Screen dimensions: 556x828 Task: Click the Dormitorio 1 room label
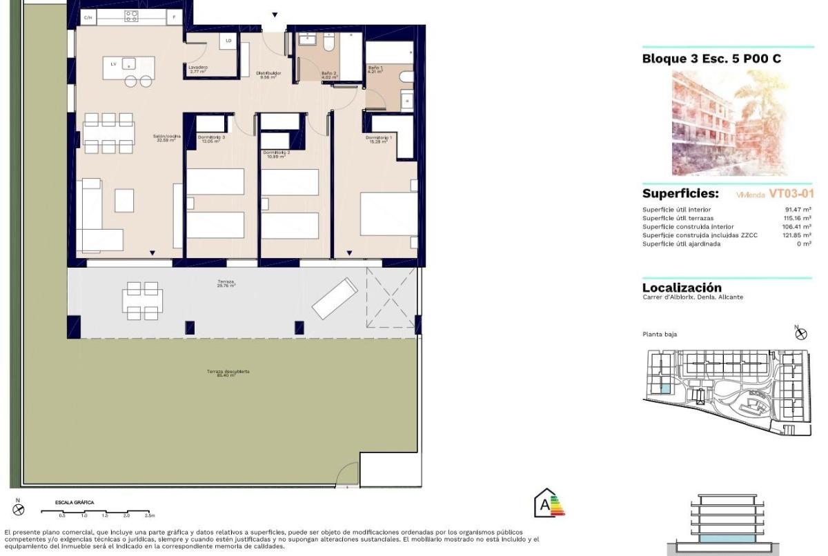[x=379, y=139]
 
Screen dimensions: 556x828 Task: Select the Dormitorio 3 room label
[x=211, y=139]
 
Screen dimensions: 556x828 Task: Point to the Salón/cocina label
[x=166, y=138]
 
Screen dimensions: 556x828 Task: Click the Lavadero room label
[x=198, y=68]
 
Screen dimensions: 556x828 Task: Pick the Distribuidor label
[x=268, y=75]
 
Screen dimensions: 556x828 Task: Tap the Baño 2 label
[x=328, y=75]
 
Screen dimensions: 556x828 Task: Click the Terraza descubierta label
[x=228, y=373]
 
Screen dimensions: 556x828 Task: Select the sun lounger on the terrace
[x=335, y=298]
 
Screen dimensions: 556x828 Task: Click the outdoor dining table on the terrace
[x=144, y=300]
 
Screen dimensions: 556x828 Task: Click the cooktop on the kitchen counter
[x=131, y=16]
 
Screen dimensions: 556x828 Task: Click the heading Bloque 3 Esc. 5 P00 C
[x=711, y=59]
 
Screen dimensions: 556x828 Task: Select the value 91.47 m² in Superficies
[x=798, y=210]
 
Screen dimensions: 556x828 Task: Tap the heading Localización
[x=682, y=288]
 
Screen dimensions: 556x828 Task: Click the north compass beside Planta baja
[x=801, y=333]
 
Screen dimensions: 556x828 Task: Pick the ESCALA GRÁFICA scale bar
[x=97, y=513]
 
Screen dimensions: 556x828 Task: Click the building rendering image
[x=721, y=123]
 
